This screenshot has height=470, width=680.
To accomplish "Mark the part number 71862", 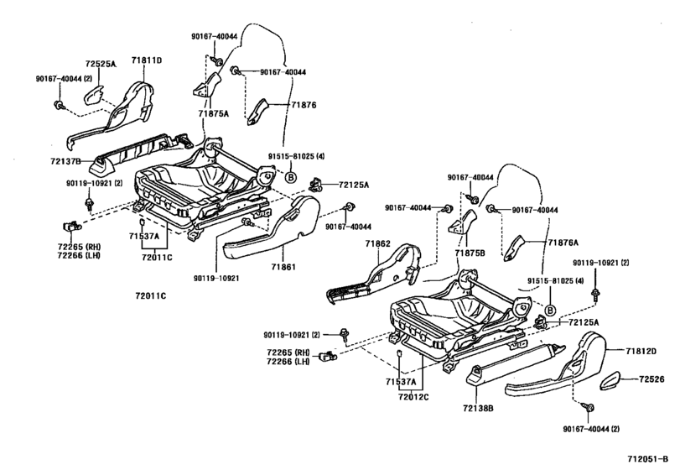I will [378, 243].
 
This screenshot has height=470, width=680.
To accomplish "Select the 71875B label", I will [470, 251].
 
